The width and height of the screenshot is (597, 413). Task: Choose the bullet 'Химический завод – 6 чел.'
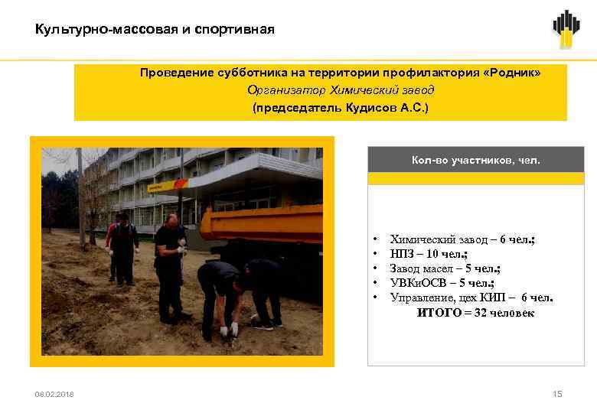pyautogui.click(x=462, y=239)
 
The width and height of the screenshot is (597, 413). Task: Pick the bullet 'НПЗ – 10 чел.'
pyautogui.click(x=429, y=254)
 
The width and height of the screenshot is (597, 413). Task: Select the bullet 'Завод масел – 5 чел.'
pyautogui.click(x=445, y=268)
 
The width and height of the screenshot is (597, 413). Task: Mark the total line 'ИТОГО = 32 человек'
pyautogui.click(x=475, y=313)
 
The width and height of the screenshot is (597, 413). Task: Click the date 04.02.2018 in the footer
pyautogui.click(x=54, y=394)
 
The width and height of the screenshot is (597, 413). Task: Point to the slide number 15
pyautogui.click(x=557, y=394)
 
